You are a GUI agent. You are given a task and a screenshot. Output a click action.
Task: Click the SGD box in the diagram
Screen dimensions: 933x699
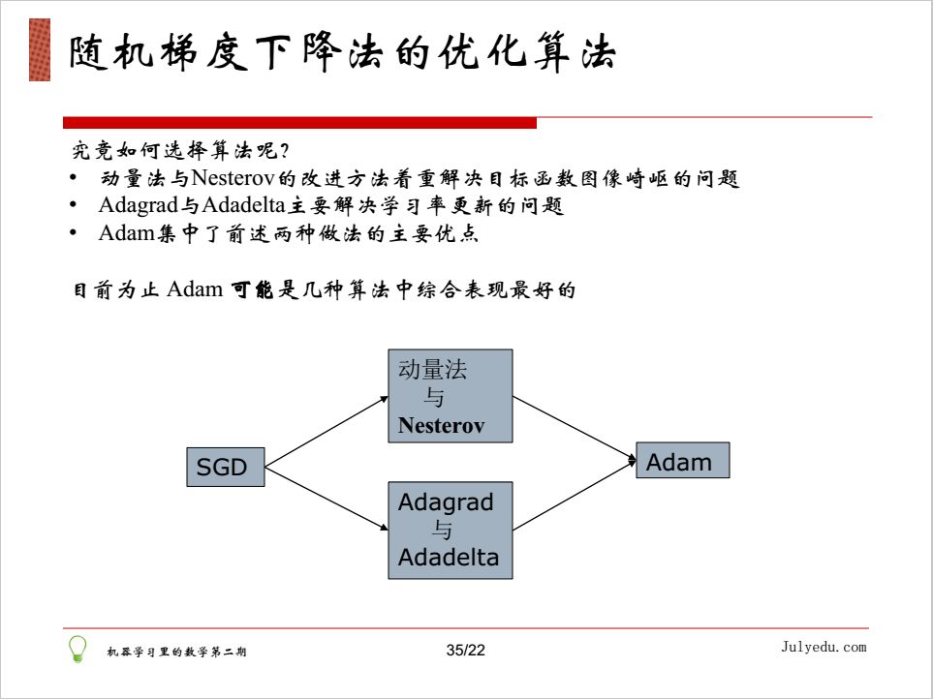click(x=224, y=468)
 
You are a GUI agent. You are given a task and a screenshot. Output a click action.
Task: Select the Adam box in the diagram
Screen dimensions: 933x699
click(x=682, y=461)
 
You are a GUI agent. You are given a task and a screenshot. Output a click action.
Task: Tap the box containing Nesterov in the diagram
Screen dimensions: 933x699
click(x=450, y=396)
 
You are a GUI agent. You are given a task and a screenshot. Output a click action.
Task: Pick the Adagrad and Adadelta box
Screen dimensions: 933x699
click(x=450, y=530)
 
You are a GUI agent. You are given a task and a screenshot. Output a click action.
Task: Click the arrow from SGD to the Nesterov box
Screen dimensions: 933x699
click(x=327, y=431)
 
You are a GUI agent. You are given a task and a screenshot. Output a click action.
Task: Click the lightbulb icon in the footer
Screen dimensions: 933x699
click(x=78, y=649)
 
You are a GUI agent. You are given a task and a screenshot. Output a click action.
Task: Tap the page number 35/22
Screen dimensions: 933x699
click(x=465, y=651)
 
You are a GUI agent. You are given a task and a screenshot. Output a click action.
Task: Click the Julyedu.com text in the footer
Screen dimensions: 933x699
click(x=824, y=647)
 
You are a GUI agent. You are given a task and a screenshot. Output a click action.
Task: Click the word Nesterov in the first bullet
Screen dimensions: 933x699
click(x=234, y=179)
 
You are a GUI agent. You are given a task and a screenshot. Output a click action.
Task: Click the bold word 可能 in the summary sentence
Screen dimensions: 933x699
click(x=251, y=289)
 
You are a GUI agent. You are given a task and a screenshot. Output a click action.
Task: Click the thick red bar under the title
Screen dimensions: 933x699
click(x=299, y=123)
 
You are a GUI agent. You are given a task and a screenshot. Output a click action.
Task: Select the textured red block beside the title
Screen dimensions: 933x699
click(x=40, y=49)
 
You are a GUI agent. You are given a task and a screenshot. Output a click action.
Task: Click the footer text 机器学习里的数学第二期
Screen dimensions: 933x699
click(x=176, y=652)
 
